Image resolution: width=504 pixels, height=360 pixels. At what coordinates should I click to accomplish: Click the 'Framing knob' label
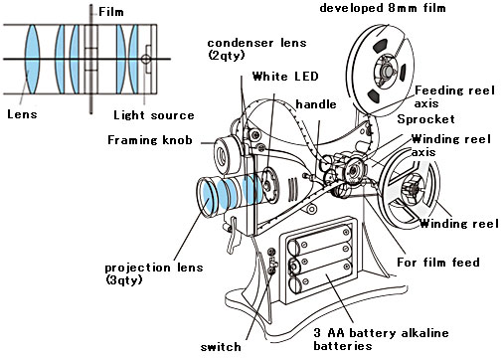click(x=150, y=140)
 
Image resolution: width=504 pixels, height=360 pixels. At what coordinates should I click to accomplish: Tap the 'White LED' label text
click(x=285, y=77)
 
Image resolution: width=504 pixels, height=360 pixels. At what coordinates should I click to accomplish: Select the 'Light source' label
click(x=154, y=115)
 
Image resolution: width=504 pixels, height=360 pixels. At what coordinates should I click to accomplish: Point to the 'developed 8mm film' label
click(x=383, y=8)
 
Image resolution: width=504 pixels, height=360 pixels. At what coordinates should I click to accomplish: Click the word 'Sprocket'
click(x=425, y=119)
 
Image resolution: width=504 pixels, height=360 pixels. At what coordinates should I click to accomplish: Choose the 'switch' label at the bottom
click(x=221, y=347)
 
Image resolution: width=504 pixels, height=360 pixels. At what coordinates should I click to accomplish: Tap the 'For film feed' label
click(x=438, y=263)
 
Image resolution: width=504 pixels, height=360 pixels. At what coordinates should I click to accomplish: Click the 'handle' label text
click(x=316, y=104)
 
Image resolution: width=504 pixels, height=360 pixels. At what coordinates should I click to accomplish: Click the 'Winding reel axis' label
click(x=450, y=145)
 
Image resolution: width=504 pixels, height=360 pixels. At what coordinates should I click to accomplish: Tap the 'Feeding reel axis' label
click(x=454, y=96)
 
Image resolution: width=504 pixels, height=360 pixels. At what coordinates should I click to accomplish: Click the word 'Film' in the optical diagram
click(x=111, y=12)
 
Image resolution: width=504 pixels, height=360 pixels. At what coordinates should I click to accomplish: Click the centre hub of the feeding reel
click(x=386, y=71)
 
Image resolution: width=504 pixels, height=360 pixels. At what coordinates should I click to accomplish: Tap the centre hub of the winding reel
click(x=414, y=190)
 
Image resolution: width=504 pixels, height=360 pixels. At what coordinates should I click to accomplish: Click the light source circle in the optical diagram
click(x=145, y=60)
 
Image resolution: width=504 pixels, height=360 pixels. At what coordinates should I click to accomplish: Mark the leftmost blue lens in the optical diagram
click(x=33, y=59)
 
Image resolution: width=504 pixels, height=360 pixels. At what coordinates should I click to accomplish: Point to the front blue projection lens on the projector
click(x=206, y=198)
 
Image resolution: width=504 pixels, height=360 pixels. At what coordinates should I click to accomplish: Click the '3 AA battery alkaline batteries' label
click(x=381, y=339)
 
